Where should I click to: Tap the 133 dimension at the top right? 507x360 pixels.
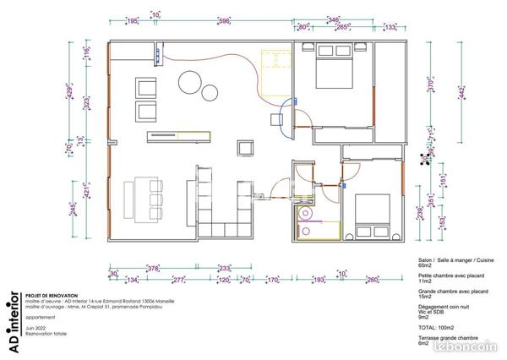click(390, 27)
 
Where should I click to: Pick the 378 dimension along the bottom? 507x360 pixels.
click(153, 268)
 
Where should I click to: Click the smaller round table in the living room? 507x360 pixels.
click(210, 93)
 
